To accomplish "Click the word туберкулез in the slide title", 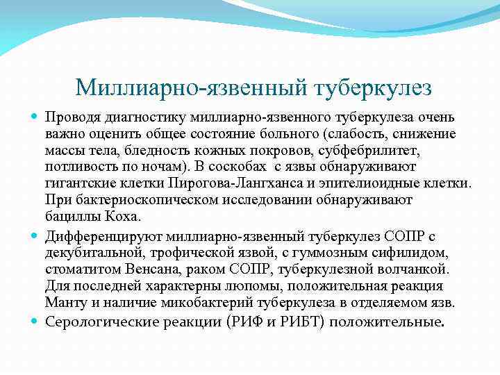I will (x=373, y=88).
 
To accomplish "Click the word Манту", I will (x=64, y=301).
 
